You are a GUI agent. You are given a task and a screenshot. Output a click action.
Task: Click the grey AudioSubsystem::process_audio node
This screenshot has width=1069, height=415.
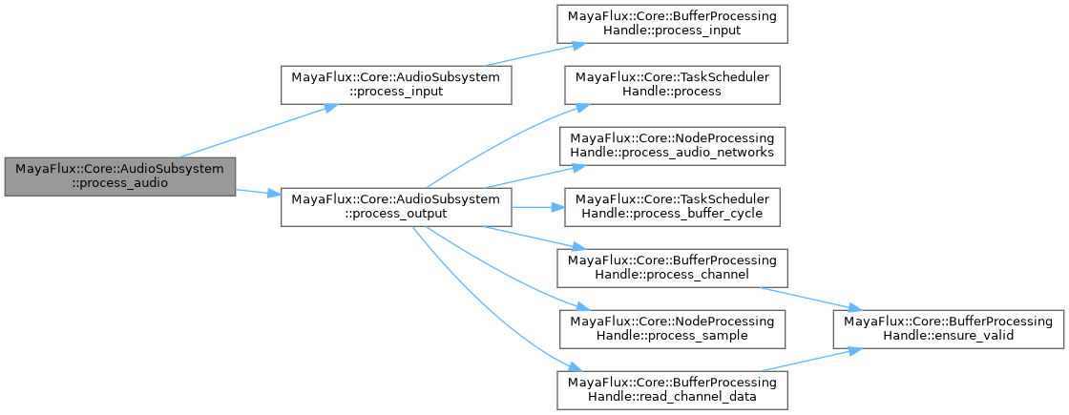[118, 176]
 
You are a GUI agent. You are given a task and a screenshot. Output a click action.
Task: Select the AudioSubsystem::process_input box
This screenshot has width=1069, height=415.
[396, 85]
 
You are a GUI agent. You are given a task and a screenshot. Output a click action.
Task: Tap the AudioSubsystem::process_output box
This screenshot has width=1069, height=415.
[396, 207]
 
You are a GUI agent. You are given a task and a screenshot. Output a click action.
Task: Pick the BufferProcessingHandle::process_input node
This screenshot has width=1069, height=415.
[673, 24]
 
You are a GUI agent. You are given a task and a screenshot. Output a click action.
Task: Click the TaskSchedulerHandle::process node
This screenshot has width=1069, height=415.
[672, 84]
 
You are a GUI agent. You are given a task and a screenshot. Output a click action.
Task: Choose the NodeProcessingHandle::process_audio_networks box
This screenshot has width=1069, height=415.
[672, 145]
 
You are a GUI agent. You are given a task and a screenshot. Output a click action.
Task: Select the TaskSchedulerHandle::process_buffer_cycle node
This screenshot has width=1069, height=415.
[672, 207]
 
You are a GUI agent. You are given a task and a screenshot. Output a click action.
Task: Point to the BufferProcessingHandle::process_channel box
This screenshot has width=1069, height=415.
[672, 268]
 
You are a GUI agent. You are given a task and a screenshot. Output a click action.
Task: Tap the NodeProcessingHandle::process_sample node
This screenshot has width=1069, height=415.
[672, 329]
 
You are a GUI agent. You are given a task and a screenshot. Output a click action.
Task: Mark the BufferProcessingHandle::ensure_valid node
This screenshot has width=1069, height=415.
[949, 329]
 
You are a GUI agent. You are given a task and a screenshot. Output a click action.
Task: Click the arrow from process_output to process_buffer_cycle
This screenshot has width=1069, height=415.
[534, 207]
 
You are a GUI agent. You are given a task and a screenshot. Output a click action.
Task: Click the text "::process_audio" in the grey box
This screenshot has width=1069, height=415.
[118, 184]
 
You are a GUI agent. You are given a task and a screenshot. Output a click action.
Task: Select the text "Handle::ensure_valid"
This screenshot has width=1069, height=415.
[949, 337]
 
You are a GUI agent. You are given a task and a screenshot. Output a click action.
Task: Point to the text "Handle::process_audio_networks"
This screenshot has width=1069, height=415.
[672, 153]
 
